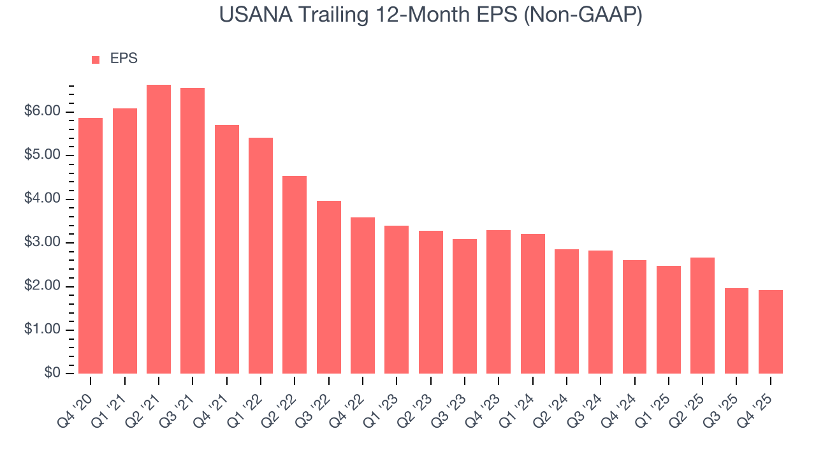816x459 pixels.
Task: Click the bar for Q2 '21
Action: click(159, 229)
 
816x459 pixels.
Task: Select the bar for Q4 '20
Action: click(91, 246)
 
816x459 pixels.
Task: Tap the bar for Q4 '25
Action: click(771, 331)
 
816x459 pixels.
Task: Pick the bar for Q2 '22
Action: click(295, 275)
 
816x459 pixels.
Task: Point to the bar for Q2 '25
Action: click(703, 316)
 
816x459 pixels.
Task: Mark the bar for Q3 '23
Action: click(465, 306)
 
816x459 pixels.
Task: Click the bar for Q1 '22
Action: click(261, 256)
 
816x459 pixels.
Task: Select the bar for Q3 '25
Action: click(736, 331)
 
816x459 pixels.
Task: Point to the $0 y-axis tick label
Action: click(52, 374)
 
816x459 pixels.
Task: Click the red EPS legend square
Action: click(96, 59)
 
